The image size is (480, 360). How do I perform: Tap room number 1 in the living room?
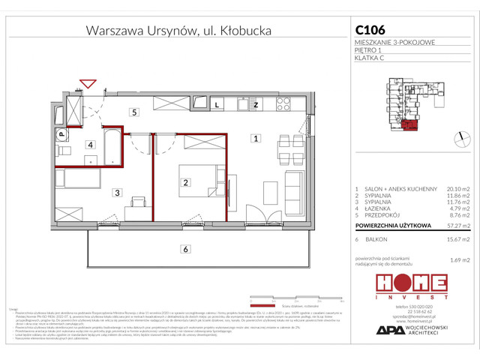(256, 138)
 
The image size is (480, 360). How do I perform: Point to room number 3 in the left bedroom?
(117, 193)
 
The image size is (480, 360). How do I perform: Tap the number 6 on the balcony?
(183, 249)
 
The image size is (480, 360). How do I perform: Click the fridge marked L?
(217, 105)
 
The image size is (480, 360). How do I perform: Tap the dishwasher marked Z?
(256, 105)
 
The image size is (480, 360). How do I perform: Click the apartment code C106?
(369, 31)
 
